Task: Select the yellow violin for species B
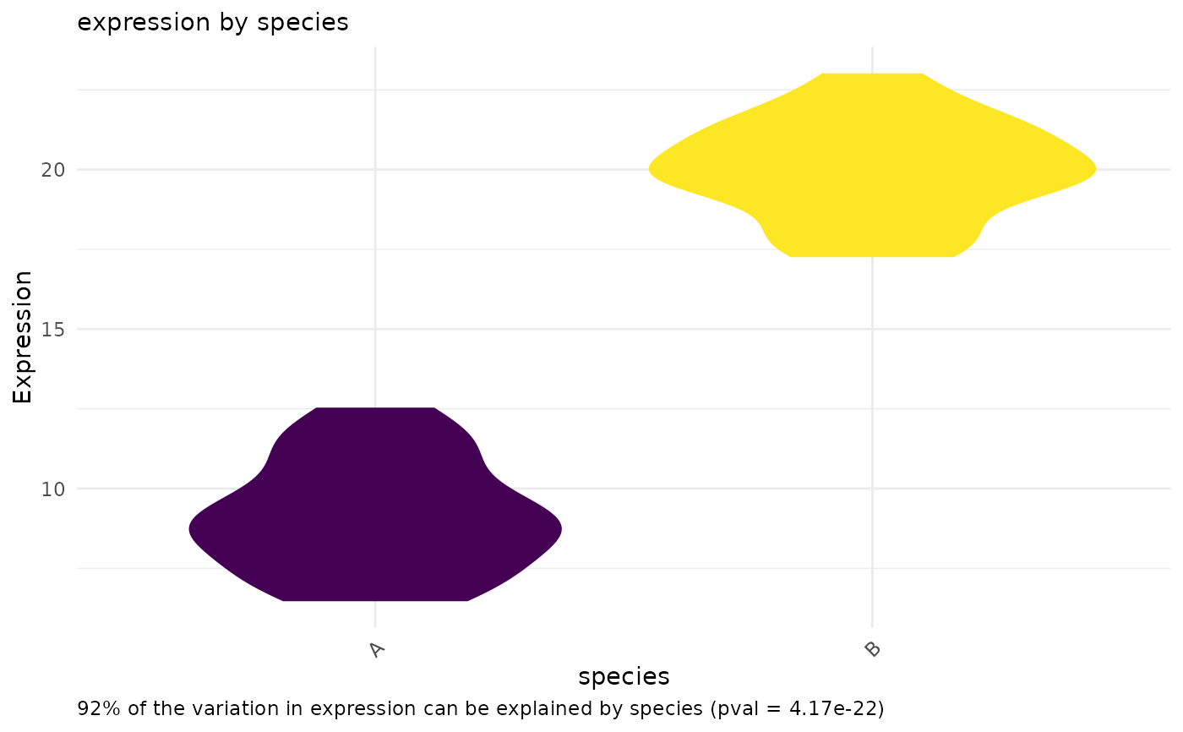872,169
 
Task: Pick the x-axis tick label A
377,649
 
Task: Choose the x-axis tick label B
873,649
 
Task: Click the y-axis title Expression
23,336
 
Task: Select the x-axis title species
624,676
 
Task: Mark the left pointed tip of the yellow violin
650,169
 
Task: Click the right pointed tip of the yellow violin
1095,169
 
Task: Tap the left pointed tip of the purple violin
190,529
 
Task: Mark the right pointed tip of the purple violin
561,529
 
